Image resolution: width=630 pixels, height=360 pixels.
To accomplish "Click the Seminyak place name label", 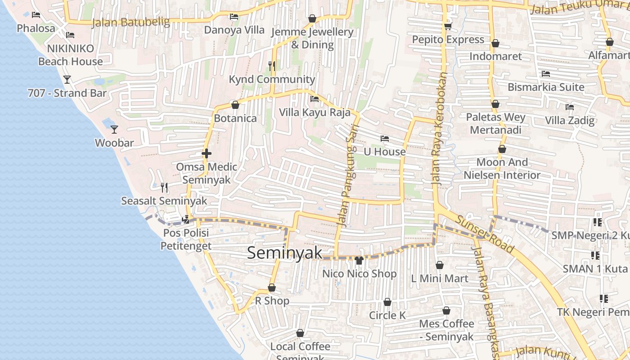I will point(285,253).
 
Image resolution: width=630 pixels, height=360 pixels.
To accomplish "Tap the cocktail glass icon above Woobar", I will point(114,130).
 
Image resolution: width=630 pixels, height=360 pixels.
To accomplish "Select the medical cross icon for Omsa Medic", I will point(207,153).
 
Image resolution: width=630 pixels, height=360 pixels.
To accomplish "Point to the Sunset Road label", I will point(485,234).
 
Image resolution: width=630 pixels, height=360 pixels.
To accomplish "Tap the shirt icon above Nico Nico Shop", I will point(359,260).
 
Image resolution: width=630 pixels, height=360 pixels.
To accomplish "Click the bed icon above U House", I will point(384,139).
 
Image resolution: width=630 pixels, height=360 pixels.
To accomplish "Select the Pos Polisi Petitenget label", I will point(186,239).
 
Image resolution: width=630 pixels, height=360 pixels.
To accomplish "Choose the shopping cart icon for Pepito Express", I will point(448,27).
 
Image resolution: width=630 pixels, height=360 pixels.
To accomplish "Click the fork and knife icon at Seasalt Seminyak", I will point(164,187).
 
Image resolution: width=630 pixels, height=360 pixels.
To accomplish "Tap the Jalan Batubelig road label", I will point(130,22).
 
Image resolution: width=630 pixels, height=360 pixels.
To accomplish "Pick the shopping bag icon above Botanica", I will point(235,105).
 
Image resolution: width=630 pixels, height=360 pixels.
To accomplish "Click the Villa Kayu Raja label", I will point(315,112).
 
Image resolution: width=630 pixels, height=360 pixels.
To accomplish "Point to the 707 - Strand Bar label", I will point(67,93).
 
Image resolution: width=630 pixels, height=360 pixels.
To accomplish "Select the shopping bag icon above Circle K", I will point(387,302).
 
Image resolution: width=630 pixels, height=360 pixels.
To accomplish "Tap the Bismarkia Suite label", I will point(546,87).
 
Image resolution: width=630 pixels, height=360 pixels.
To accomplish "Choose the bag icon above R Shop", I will point(272,288).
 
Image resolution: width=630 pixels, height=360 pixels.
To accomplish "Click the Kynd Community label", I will point(272,80).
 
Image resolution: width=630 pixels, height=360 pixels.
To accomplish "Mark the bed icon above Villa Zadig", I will point(570,107).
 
